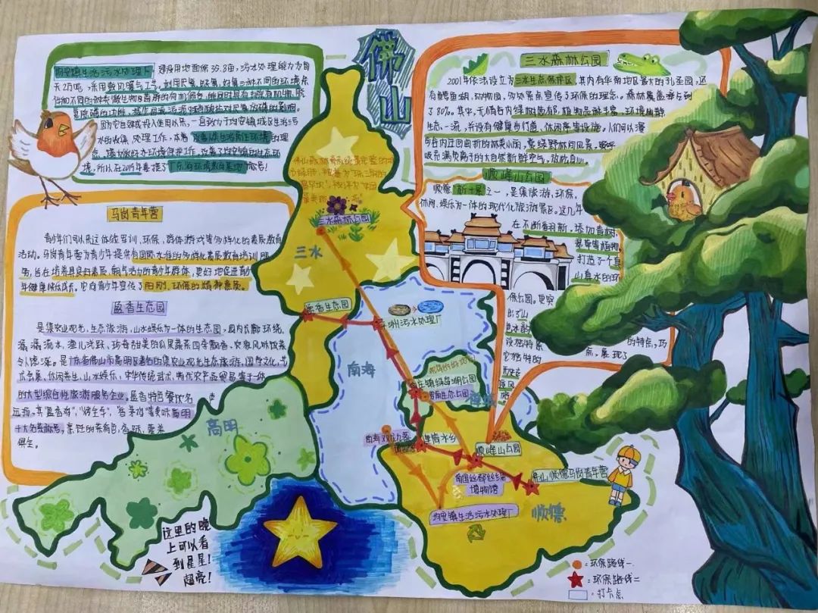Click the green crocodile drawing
[x=641, y=63]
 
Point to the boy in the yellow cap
[x=623, y=474]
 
